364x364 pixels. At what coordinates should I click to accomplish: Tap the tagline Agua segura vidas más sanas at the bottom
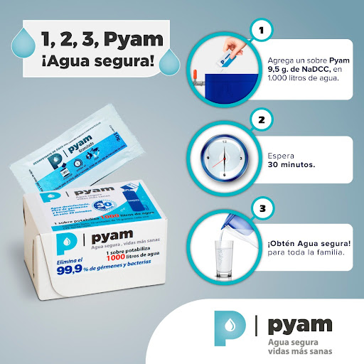299,347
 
